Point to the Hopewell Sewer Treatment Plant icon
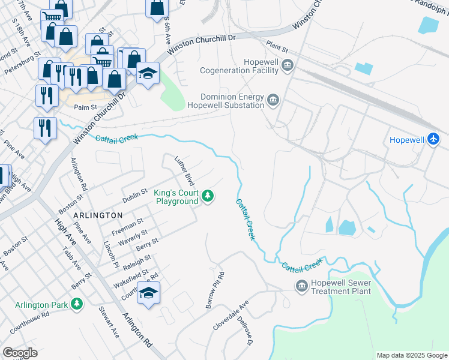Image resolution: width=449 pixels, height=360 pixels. coord(301,286)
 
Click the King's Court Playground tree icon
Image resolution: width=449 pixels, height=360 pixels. coord(208,196)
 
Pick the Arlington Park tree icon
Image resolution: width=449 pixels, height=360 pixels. coord(76,305)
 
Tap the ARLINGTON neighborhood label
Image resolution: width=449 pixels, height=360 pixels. coord(98,215)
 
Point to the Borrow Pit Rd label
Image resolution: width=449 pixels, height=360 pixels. coord(215,291)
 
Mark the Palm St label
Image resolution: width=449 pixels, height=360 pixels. coord(85,107)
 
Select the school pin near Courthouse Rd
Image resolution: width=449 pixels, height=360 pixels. coord(148,295)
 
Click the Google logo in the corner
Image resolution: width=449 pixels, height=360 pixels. coord(20,353)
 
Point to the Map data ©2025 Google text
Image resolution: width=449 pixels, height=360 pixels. coord(411,355)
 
